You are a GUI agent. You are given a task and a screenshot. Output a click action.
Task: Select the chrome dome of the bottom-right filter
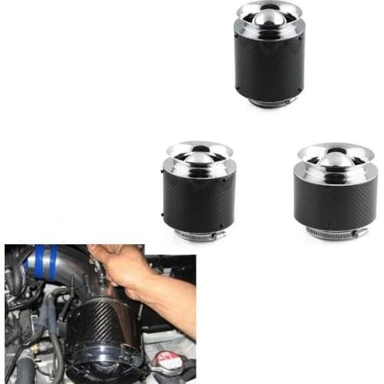click(326, 159)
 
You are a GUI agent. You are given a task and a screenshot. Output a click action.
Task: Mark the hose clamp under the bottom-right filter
click(332, 232)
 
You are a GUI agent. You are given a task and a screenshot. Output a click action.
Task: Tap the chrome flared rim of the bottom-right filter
click(326, 147)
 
